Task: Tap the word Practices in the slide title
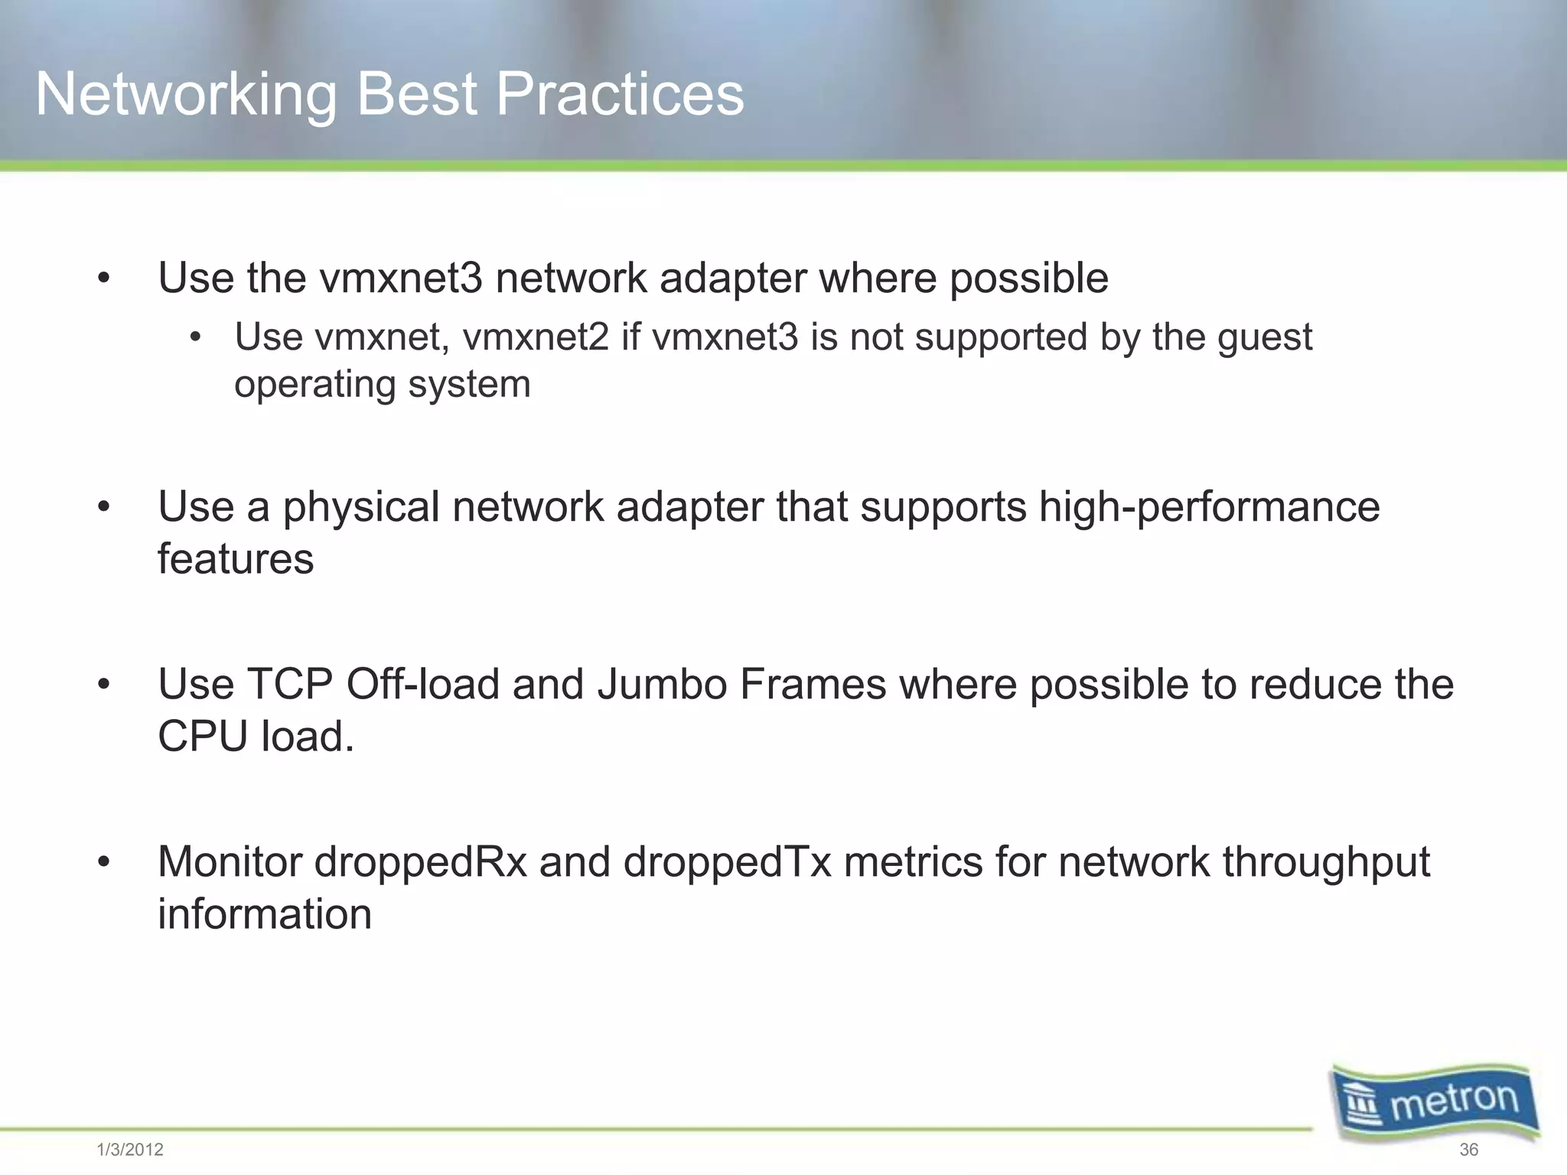(620, 94)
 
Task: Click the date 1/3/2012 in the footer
(130, 1150)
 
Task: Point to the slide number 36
(1468, 1150)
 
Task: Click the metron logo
(1435, 1102)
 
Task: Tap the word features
(236, 558)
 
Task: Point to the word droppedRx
(420, 863)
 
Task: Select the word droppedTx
(727, 863)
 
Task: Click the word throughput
(1326, 863)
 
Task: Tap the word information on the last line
(265, 914)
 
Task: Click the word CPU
(203, 737)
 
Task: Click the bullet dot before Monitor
(104, 863)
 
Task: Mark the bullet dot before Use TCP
(104, 685)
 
